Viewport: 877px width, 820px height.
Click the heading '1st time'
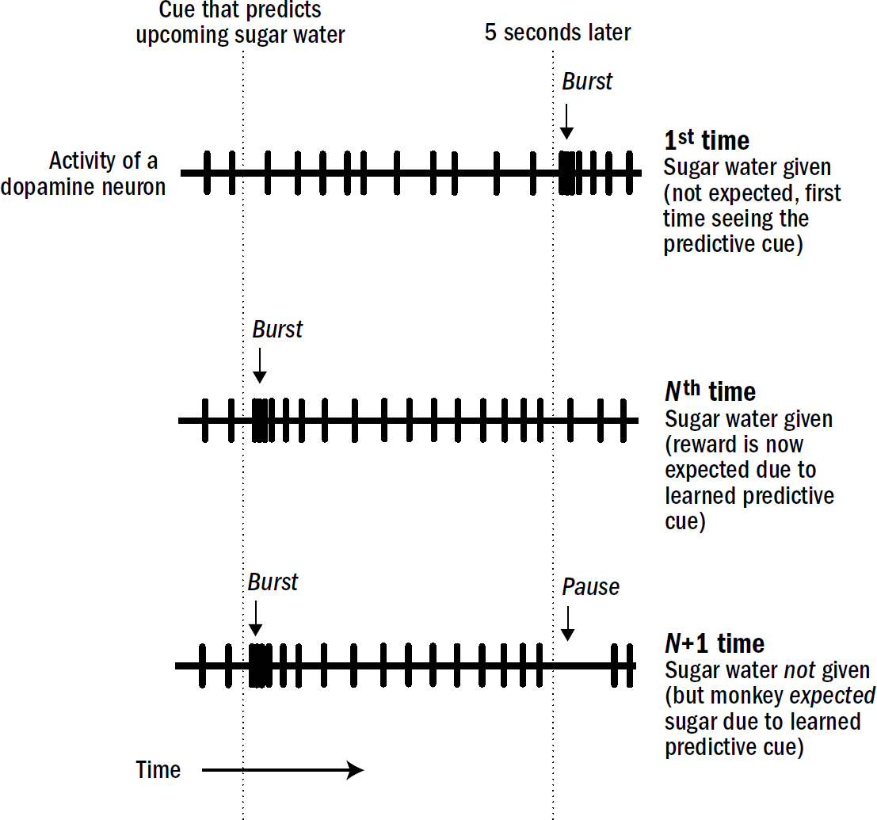click(x=707, y=141)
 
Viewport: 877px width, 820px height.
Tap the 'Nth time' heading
click(x=710, y=391)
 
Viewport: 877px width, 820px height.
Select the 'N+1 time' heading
click(x=715, y=643)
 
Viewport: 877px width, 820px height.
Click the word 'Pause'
click(x=590, y=587)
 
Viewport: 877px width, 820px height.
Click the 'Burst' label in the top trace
click(x=587, y=82)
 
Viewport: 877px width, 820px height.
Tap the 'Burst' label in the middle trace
click(x=277, y=330)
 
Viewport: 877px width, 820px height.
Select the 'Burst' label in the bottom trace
click(x=273, y=582)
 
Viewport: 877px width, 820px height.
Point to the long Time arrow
click(x=282, y=769)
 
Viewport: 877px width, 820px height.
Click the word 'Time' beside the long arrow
click(x=158, y=769)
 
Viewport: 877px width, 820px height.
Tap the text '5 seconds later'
click(x=558, y=33)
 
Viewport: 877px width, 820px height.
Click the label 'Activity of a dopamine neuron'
click(x=107, y=174)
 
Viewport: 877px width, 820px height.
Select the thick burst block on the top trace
click(x=567, y=173)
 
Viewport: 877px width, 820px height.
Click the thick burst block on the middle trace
click(x=261, y=421)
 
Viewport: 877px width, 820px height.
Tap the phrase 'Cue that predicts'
click(x=240, y=10)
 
